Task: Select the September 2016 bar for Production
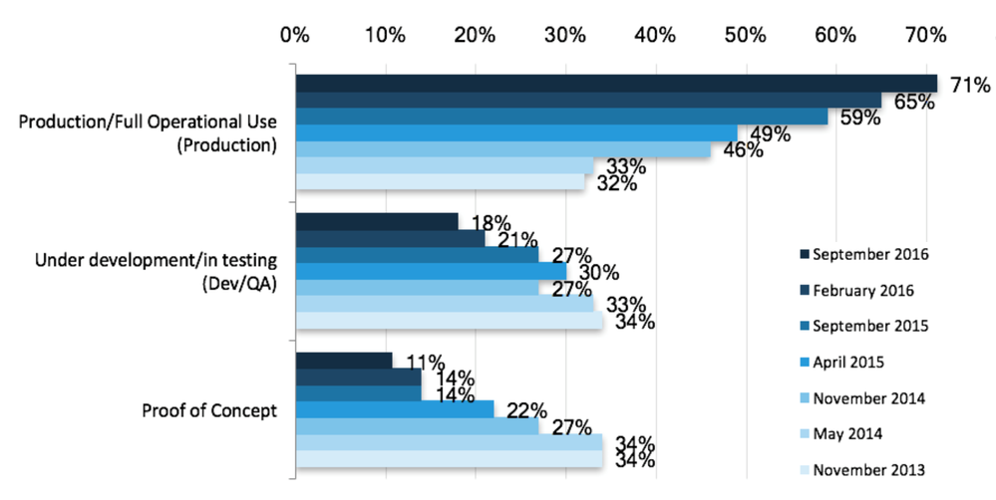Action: (x=615, y=83)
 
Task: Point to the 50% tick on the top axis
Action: (x=744, y=36)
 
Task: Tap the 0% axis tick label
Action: (x=294, y=36)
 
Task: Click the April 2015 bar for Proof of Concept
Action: (x=395, y=409)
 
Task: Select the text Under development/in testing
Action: (x=159, y=261)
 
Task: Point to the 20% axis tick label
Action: (x=475, y=36)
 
